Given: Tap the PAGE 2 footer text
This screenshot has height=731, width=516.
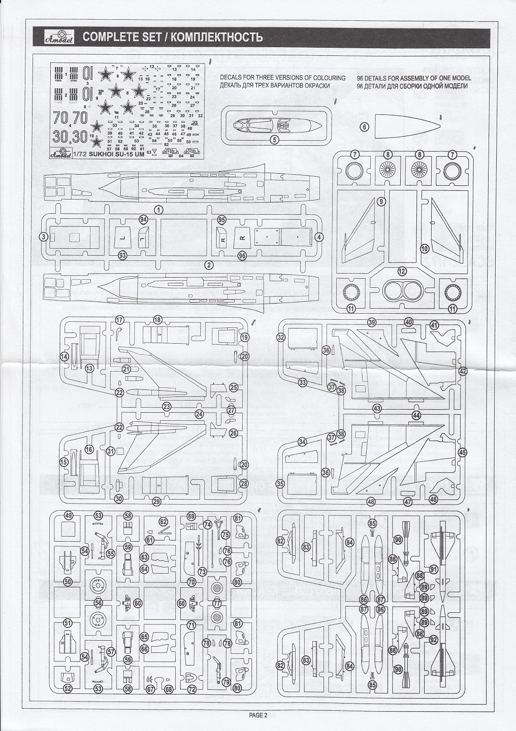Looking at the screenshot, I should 257,715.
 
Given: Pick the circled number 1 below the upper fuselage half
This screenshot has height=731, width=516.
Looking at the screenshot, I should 159,209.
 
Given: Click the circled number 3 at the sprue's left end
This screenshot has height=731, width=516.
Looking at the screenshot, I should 44,237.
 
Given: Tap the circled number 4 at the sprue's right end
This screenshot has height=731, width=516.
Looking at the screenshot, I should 318,237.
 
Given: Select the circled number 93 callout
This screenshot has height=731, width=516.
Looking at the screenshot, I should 122,255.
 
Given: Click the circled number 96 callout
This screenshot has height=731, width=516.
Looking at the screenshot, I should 242,256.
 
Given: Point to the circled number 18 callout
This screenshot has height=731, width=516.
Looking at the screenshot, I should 157,320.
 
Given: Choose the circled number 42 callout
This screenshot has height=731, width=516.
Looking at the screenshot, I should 462,372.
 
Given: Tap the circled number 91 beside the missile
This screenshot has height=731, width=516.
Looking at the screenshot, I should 433,569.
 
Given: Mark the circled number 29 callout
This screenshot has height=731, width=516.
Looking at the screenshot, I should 156,502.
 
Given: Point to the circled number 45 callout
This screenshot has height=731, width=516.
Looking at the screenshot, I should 462,452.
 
